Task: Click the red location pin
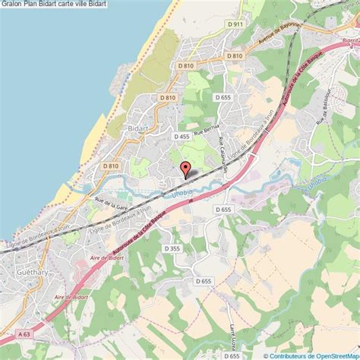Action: pyautogui.click(x=185, y=169)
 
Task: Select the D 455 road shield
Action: pyautogui.click(x=181, y=137)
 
